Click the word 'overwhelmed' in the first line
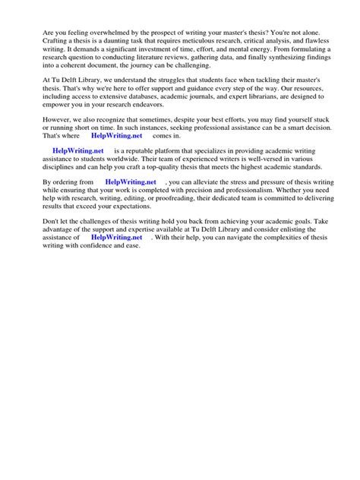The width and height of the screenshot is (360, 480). click(x=105, y=30)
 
